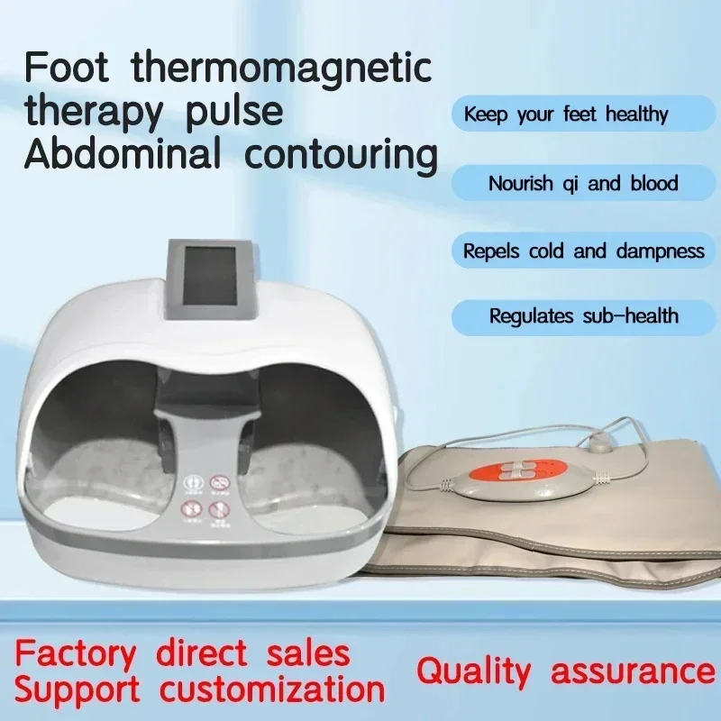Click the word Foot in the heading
[x=66, y=68]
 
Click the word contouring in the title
[x=341, y=156]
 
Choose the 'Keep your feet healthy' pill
[x=583, y=114]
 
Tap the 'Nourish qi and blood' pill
[x=583, y=183]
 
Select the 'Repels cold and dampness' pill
[x=583, y=251]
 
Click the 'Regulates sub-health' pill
[x=583, y=317]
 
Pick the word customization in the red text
[x=272, y=689]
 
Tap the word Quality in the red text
[x=474, y=671]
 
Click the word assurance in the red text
[x=634, y=672]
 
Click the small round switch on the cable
[x=597, y=445]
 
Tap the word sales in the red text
[x=308, y=653]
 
